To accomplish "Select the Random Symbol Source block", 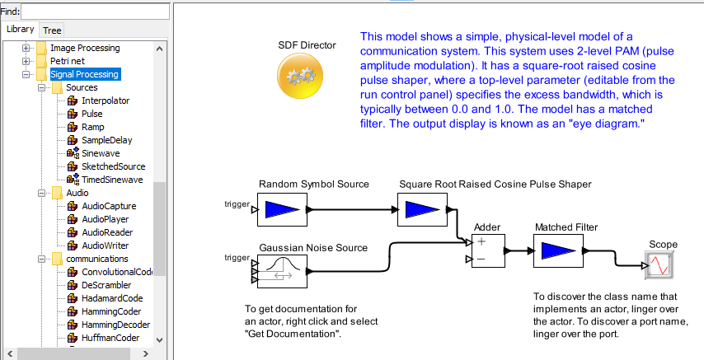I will click(282, 210).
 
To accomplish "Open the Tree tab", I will click(52, 30).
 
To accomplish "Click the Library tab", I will click(21, 30).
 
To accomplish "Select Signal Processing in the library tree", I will click(85, 74).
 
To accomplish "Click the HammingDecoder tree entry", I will click(115, 325).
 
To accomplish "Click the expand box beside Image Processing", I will click(26, 48).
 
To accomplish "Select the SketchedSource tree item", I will click(113, 166).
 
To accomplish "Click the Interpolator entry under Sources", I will click(105, 101).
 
